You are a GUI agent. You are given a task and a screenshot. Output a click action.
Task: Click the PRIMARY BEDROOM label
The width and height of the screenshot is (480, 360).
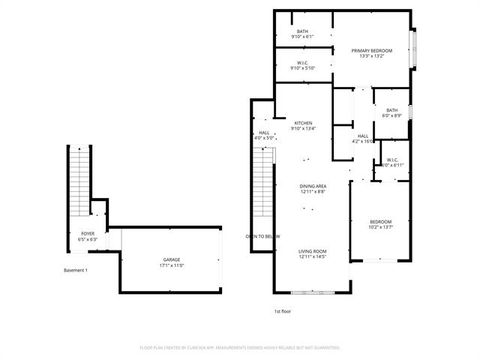pyautogui.click(x=372, y=50)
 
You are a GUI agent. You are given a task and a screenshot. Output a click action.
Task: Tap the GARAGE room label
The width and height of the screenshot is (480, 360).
pyautogui.click(x=172, y=259)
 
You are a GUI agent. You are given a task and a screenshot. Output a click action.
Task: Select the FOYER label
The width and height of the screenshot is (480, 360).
pyautogui.click(x=88, y=234)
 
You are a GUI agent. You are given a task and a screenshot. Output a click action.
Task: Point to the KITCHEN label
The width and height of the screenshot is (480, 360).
pyautogui.click(x=303, y=123)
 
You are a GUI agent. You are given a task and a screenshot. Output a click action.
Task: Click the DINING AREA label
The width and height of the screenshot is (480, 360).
pyautogui.click(x=313, y=186)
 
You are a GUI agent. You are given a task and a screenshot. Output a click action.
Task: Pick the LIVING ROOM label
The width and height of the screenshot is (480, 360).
pyautogui.click(x=313, y=251)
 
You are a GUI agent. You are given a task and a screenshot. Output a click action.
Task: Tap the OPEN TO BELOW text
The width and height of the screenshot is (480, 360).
pyautogui.click(x=262, y=236)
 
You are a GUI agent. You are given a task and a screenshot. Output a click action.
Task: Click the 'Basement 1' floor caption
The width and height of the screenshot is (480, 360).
pyautogui.click(x=75, y=270)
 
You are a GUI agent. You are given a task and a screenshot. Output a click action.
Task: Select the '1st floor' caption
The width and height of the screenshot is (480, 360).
pyautogui.click(x=283, y=310)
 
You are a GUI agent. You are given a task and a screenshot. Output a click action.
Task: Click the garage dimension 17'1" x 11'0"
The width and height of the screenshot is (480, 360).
pyautogui.click(x=172, y=265)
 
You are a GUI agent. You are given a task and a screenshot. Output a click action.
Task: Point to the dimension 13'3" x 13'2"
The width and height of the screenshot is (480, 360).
pyautogui.click(x=372, y=56)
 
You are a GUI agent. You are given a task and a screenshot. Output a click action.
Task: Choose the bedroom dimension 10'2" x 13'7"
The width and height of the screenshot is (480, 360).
pyautogui.click(x=380, y=227)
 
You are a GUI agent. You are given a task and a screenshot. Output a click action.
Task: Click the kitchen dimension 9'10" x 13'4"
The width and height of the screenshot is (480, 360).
pyautogui.click(x=303, y=129)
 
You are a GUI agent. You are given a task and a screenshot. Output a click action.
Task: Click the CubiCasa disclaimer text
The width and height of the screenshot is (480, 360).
pyautogui.click(x=240, y=348)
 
